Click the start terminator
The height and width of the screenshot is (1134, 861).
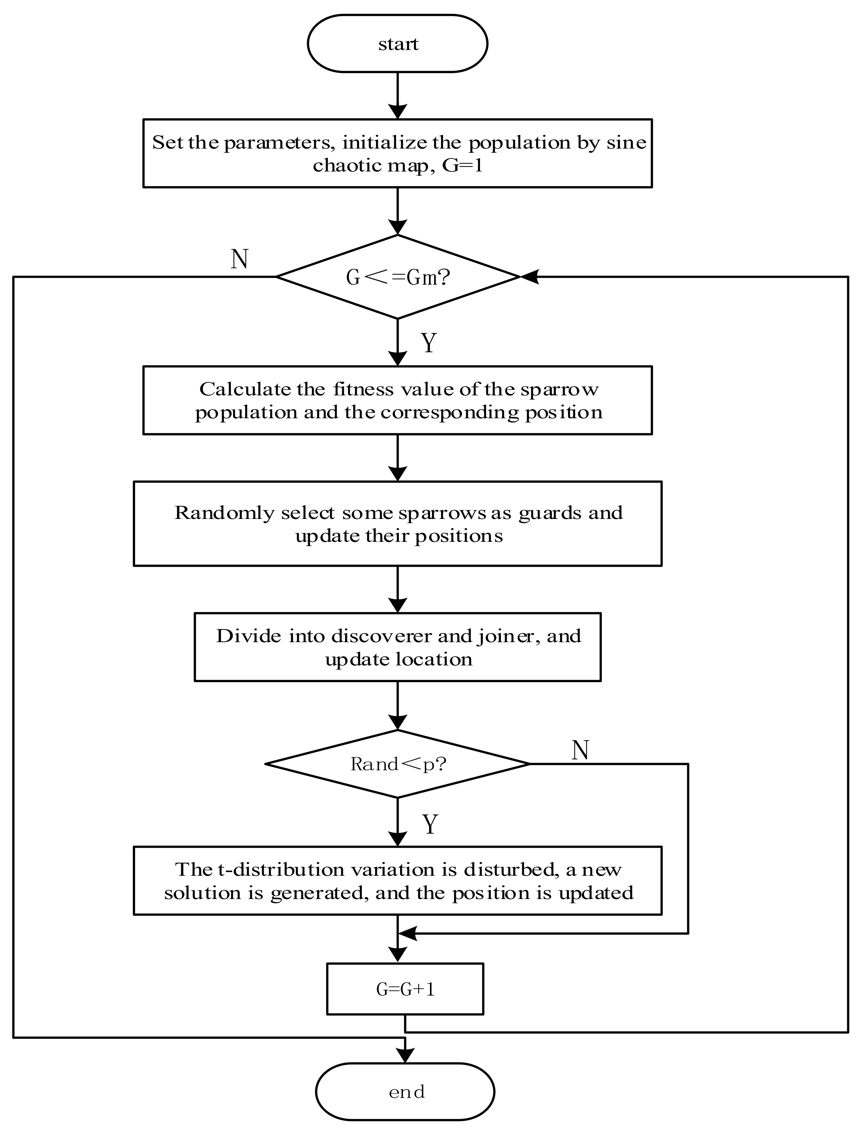pos(397,44)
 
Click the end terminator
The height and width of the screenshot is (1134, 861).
pos(405,1092)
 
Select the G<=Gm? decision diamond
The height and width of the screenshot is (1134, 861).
pos(398,277)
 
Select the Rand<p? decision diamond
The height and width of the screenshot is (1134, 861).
pos(398,764)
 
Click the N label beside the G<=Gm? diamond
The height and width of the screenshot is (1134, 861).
pos(240,259)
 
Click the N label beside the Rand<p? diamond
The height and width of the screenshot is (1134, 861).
pos(580,750)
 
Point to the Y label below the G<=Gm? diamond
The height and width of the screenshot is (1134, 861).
pos(429,343)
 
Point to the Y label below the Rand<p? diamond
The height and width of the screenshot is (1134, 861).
pos(430,824)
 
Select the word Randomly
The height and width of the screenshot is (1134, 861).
pos(223,513)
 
